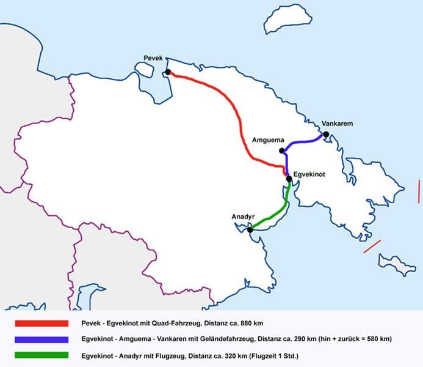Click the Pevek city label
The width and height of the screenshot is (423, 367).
(152, 57)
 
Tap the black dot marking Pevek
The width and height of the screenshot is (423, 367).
(168, 72)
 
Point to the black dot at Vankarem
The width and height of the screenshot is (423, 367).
(326, 135)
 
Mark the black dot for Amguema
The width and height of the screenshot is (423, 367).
(281, 150)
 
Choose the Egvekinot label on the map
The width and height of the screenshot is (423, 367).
(309, 174)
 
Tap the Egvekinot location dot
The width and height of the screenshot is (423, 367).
(289, 179)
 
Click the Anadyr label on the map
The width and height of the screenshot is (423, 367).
(242, 217)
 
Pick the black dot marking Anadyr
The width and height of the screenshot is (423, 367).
(250, 229)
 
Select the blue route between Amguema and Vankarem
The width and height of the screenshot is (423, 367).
(302, 143)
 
